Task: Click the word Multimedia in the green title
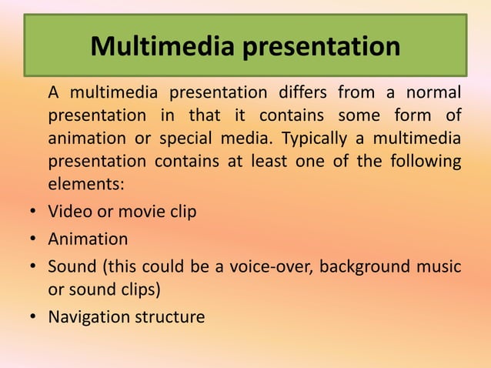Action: [x=162, y=46]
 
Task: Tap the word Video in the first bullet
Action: [x=70, y=211]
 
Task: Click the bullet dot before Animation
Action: [x=28, y=240]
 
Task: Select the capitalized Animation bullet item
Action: [x=88, y=239]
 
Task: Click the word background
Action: [x=364, y=267]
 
